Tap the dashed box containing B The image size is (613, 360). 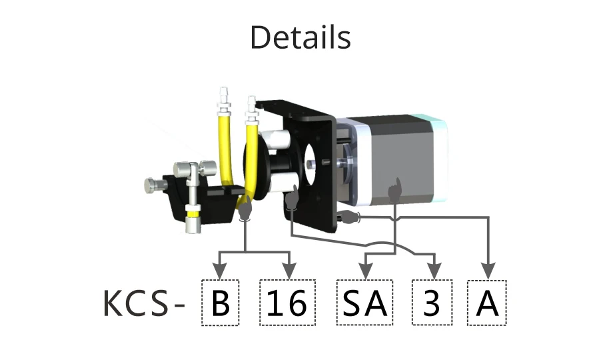point(220,303)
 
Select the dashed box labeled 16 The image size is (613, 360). point(287,303)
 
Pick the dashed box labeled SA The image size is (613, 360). point(364,303)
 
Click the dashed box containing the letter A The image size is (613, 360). point(487,303)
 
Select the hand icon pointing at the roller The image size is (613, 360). point(291,201)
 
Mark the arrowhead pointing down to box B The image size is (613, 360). point(220,272)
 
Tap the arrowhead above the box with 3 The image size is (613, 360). point(434,272)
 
